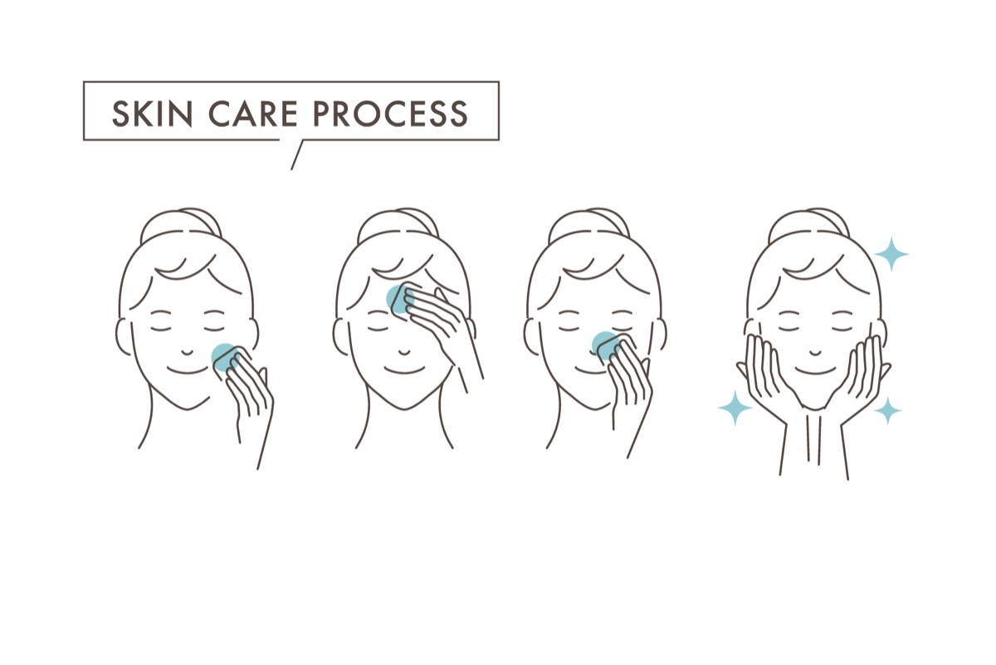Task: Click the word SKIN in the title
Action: (152, 114)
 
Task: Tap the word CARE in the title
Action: (253, 114)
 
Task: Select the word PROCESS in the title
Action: (391, 114)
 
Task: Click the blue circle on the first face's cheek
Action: (225, 357)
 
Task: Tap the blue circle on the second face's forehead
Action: (400, 299)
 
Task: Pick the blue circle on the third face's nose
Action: (605, 345)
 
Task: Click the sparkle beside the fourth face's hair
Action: (891, 254)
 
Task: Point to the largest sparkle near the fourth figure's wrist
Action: (735, 408)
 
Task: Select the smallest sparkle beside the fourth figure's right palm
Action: (887, 411)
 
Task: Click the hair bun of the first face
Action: (181, 220)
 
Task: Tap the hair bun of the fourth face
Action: (808, 220)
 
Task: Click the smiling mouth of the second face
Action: (404, 370)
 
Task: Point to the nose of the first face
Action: (188, 353)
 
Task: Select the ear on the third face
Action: (530, 337)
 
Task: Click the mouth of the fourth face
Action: (815, 370)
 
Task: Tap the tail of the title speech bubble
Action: (296, 154)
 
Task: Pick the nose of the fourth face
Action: (815, 353)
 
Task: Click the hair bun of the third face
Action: (589, 220)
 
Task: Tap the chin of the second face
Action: (404, 407)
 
